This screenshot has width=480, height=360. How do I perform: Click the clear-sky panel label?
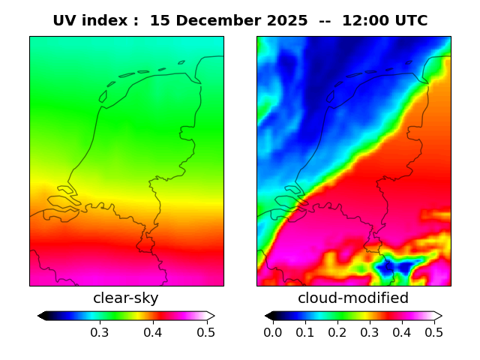point(126,298)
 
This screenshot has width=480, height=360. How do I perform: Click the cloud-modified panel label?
point(353,298)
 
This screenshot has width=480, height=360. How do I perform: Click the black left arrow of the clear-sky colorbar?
point(42,316)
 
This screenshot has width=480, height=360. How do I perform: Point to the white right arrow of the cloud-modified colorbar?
point(438,316)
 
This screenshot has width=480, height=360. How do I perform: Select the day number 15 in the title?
point(158,21)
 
